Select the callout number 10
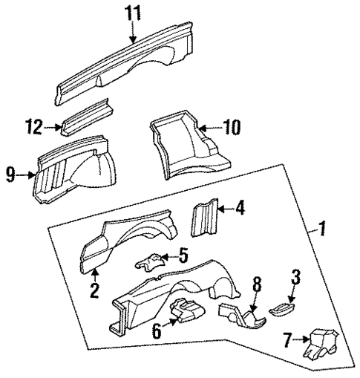[x=232, y=128]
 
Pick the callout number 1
[x=321, y=231]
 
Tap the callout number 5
[x=183, y=258]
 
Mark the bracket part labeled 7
[x=321, y=343]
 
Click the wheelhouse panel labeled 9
[x=71, y=175]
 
